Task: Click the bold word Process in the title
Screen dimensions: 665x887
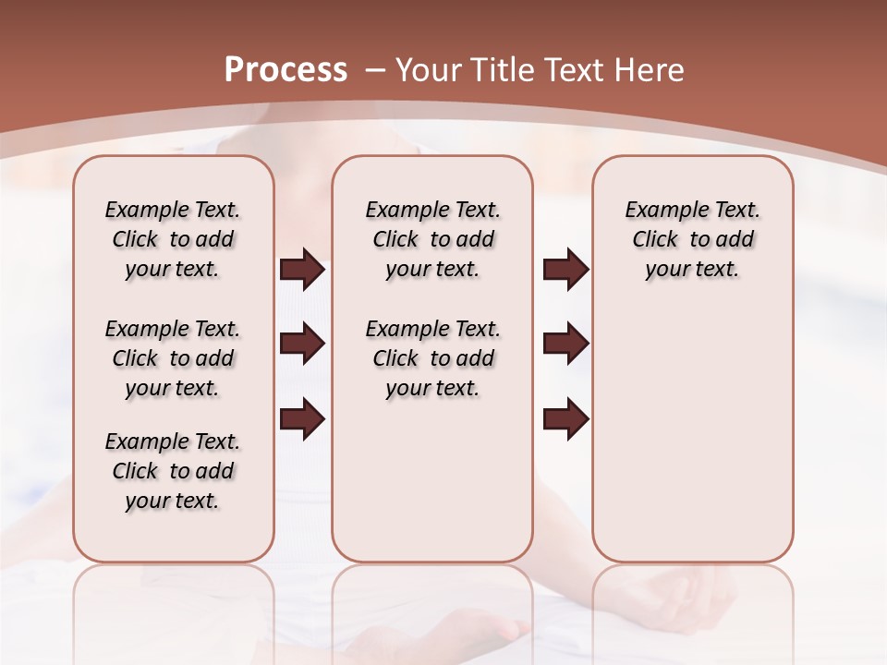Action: [x=286, y=69]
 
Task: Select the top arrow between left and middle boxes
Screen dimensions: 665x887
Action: [x=302, y=270]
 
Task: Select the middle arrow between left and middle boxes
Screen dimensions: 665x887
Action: [x=302, y=345]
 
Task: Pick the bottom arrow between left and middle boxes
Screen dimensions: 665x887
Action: [x=302, y=418]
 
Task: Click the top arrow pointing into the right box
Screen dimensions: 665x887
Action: [x=565, y=270]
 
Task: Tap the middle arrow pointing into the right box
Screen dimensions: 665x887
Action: [x=565, y=345]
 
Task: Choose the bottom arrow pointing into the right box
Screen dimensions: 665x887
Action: [x=565, y=418]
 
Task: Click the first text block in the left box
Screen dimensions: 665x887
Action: [x=173, y=239]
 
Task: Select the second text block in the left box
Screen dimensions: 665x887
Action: [x=173, y=358]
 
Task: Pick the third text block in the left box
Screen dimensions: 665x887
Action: [x=173, y=471]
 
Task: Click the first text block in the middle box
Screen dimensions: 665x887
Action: [x=432, y=239]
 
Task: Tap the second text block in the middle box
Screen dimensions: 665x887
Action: [x=432, y=358]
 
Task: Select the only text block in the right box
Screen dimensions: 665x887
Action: [x=692, y=239]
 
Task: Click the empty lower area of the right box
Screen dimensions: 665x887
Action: [x=692, y=443]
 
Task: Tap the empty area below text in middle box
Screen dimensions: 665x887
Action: [x=432, y=480]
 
